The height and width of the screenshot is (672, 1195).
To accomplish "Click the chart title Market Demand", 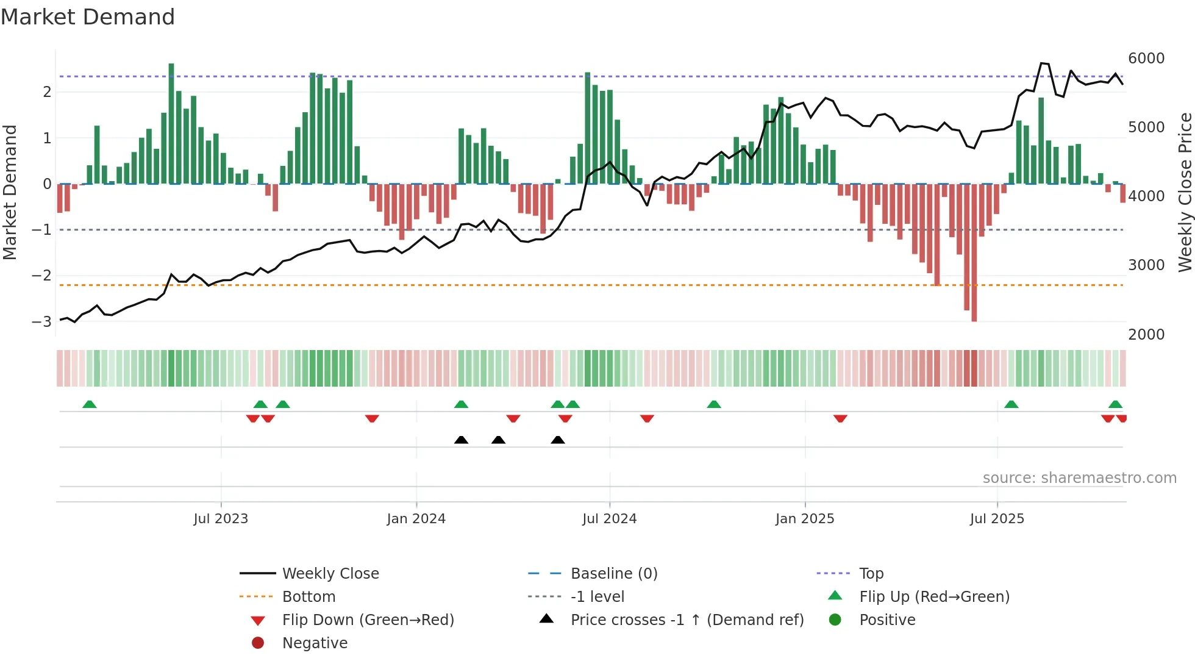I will pyautogui.click(x=88, y=16).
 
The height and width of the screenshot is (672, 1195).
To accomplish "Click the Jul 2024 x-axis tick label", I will pyautogui.click(x=609, y=519).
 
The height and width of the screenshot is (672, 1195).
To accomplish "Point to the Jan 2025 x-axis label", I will pyautogui.click(x=804, y=519).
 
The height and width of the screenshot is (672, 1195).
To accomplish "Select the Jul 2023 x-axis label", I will pyautogui.click(x=221, y=519).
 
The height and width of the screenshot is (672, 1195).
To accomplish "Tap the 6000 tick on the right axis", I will pyautogui.click(x=1146, y=59).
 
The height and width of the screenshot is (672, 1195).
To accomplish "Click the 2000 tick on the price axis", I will pyautogui.click(x=1146, y=335).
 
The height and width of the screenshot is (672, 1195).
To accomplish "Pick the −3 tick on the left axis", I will pyautogui.click(x=41, y=321).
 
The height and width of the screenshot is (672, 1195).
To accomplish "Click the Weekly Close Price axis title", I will pyautogui.click(x=1185, y=192).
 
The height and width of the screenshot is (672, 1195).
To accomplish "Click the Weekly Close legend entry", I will pyautogui.click(x=330, y=574).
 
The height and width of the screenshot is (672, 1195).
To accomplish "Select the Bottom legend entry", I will pyautogui.click(x=309, y=597).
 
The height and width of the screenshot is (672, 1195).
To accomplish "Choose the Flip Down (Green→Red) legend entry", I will pyautogui.click(x=368, y=620).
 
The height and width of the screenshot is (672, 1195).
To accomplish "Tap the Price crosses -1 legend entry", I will pyautogui.click(x=687, y=620).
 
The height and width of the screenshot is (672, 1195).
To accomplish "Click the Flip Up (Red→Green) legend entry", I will pyautogui.click(x=934, y=597).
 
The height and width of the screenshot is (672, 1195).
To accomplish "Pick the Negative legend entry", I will pyautogui.click(x=315, y=643).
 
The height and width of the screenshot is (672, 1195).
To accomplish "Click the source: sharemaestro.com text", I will pyautogui.click(x=1079, y=478).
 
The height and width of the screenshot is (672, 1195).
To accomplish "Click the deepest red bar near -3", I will pyautogui.click(x=974, y=253).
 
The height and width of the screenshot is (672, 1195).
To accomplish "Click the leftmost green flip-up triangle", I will pyautogui.click(x=90, y=404).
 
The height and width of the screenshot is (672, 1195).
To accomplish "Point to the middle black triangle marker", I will pyautogui.click(x=498, y=440).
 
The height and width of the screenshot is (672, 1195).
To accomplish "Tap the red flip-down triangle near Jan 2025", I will pyautogui.click(x=840, y=418).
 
